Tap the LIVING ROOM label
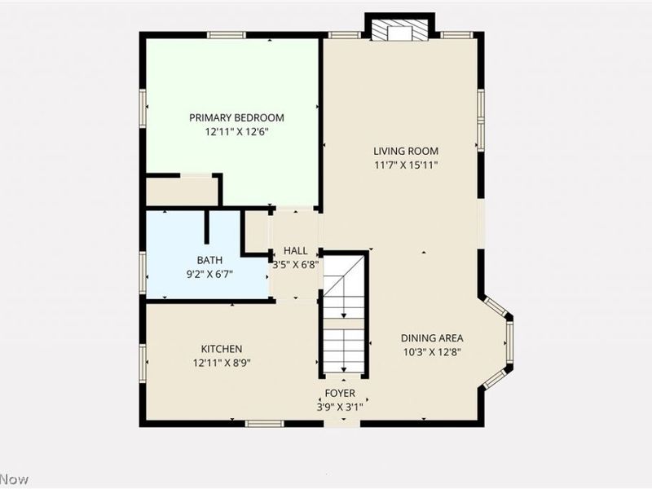406,151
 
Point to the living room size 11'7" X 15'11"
406,164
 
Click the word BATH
209,260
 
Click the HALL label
295,250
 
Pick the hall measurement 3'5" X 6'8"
295,263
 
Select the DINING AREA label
432,338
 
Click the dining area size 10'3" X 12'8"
432,352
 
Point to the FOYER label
341,393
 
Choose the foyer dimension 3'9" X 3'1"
341,406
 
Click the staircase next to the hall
343,318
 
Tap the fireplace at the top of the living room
399,29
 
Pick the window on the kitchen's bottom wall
265,422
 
